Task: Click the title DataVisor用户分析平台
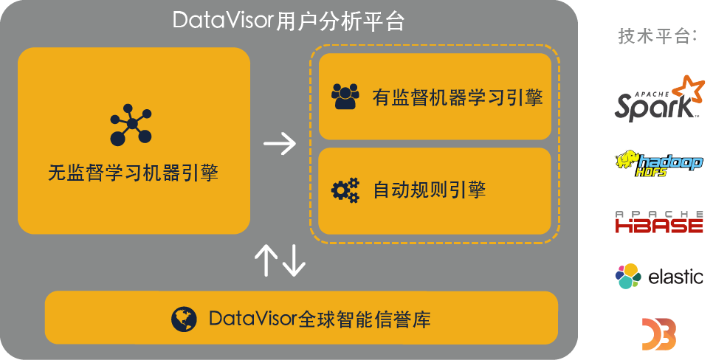coord(289,21)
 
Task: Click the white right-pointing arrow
coord(280,143)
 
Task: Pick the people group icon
coord(345,97)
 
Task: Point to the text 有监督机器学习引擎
coord(458,97)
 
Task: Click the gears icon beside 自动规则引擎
coord(345,190)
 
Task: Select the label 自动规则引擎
coord(429,190)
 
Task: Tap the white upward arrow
coord(266,260)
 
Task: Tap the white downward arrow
coord(293,260)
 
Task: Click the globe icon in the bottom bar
coord(184,319)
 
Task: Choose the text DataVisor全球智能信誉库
coord(320,319)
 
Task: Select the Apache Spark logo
coord(655,99)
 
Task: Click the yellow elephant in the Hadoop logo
coord(627,162)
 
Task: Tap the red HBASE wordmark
coord(659,225)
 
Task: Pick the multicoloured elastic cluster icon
coord(628,277)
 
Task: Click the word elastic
coord(675,277)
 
